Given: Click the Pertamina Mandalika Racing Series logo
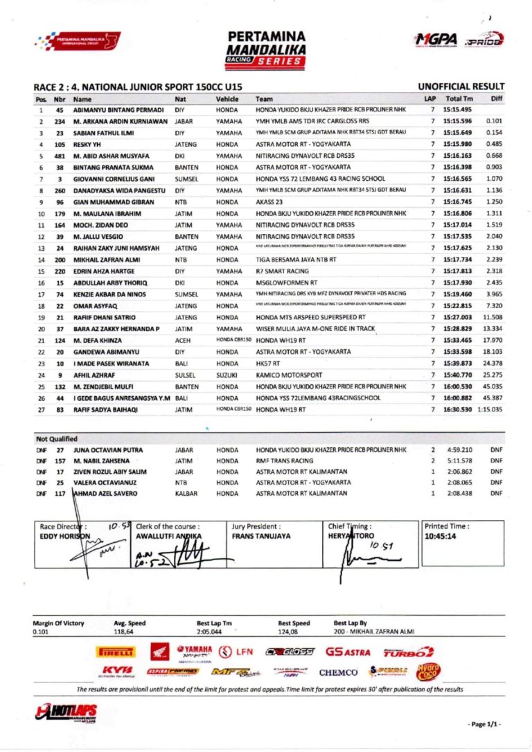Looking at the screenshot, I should pyautogui.click(x=266, y=48).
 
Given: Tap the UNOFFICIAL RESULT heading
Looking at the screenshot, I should pyautogui.click(x=461, y=87).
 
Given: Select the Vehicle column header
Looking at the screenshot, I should pyautogui.click(x=227, y=99).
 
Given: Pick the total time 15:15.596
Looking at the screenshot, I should pyautogui.click(x=458, y=121).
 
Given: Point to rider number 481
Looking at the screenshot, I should pyautogui.click(x=60, y=156).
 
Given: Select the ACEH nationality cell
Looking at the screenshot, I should pyautogui.click(x=183, y=341).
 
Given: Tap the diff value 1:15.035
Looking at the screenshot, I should pyautogui.click(x=490, y=409).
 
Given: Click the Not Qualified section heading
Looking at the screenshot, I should pyautogui.click(x=57, y=438).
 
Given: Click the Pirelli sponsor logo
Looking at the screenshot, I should pyautogui.click(x=116, y=652).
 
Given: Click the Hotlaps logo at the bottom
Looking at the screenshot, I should pyautogui.click(x=66, y=713).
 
